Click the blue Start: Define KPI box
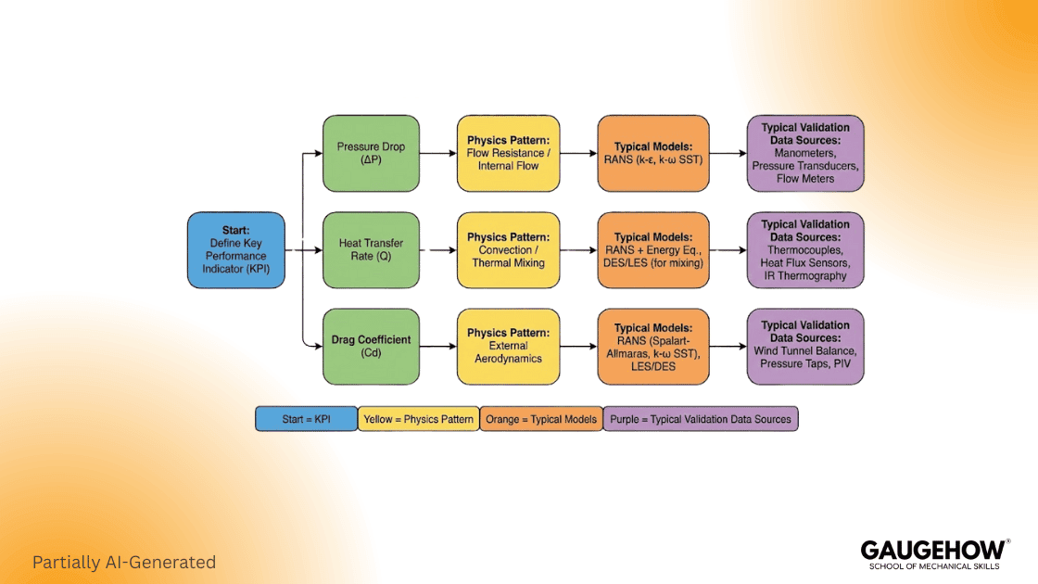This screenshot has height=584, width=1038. pos(235,249)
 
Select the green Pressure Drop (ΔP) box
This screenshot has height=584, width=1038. pos(370,153)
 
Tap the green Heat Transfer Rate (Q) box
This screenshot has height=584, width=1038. pos(370,250)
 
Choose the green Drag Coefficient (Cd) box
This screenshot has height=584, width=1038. pos(370,347)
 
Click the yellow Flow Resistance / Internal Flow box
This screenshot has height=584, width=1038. pos(508,153)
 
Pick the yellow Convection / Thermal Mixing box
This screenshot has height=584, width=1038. pos(508,250)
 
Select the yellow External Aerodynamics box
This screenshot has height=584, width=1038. pos(508,347)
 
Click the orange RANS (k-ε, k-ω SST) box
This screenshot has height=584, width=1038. pos(652,153)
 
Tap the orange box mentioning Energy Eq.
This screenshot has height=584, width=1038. pos(652,250)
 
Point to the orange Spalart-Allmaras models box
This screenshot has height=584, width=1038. pos(652,347)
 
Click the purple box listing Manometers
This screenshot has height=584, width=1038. pos(804,153)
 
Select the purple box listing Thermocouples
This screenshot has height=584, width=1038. pos(804,250)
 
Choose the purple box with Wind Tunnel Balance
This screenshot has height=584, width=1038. pos(804,347)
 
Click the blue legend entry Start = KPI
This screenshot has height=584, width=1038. pos(306,419)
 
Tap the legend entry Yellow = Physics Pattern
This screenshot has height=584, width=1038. pos(418,419)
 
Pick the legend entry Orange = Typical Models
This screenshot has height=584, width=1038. pos(541,419)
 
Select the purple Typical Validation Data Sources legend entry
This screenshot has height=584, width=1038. pos(700,419)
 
